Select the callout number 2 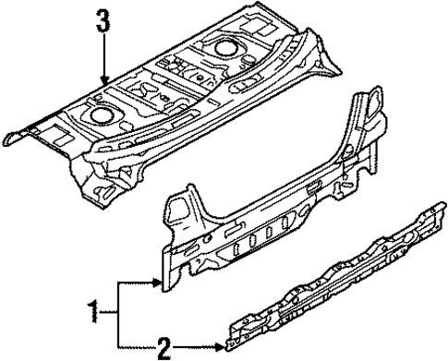pyautogui.click(x=163, y=348)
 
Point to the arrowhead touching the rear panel pyautogui.click(x=159, y=284)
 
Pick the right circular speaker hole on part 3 pyautogui.click(x=224, y=47)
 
